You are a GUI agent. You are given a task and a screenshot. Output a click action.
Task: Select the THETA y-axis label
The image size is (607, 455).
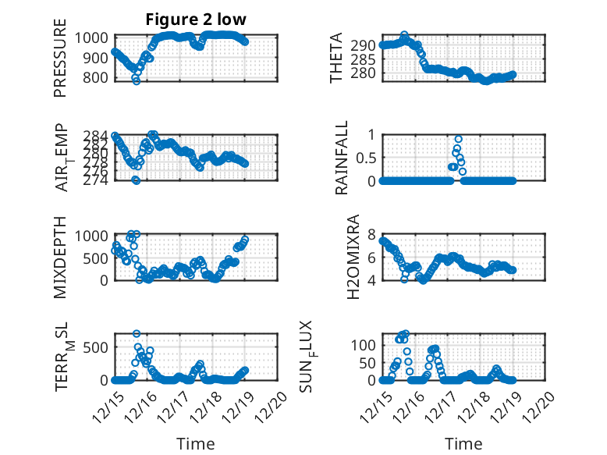coord(336,58)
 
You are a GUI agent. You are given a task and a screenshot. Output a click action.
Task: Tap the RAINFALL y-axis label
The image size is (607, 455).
coord(342,158)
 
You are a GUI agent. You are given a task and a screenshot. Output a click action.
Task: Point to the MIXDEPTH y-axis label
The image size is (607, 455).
coord(60,257)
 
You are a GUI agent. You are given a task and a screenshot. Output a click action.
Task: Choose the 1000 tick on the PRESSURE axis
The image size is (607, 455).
coord(95,37)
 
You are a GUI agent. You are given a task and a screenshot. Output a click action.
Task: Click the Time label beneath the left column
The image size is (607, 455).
coord(196,443)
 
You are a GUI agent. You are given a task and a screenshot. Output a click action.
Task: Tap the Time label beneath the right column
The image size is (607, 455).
coord(463,443)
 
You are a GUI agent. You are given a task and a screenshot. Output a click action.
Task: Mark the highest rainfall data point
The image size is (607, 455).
coord(458,139)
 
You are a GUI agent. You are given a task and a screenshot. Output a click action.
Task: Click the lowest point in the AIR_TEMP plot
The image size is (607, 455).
coord(136,180)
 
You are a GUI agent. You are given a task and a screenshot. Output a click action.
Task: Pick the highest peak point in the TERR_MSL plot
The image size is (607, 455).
coord(137,334)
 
